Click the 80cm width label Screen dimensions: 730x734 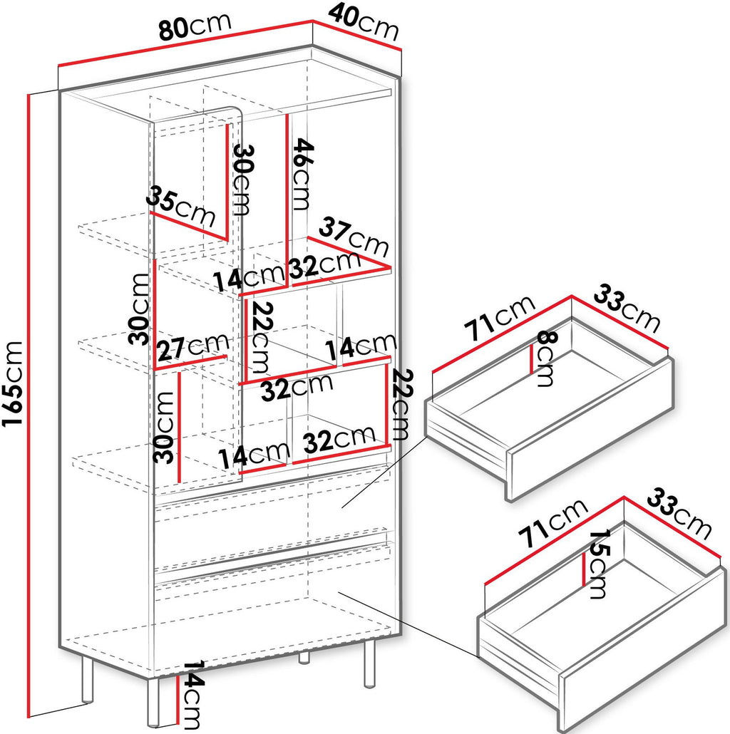coord(195,27)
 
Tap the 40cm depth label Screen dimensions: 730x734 coord(364,22)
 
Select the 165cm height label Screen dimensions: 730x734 coord(12,383)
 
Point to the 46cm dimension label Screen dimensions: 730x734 coord(302,174)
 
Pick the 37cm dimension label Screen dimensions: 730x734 coord(354,237)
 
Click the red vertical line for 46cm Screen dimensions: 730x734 coord(287,199)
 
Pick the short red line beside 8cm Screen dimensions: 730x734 coord(532,359)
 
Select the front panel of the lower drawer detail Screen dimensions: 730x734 coord(643,648)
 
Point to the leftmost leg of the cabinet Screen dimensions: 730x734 coord(87,680)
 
